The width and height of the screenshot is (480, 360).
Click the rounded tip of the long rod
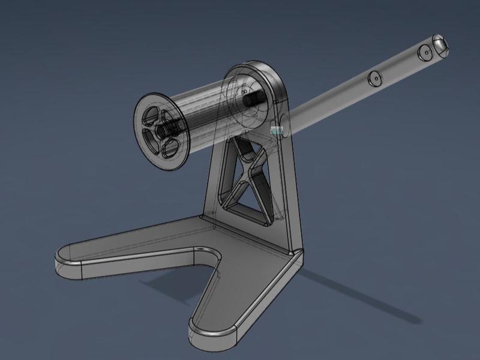tap(440, 44)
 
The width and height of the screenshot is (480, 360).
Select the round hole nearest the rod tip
tap(425, 53)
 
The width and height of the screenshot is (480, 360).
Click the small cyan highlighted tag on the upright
tap(277, 129)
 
